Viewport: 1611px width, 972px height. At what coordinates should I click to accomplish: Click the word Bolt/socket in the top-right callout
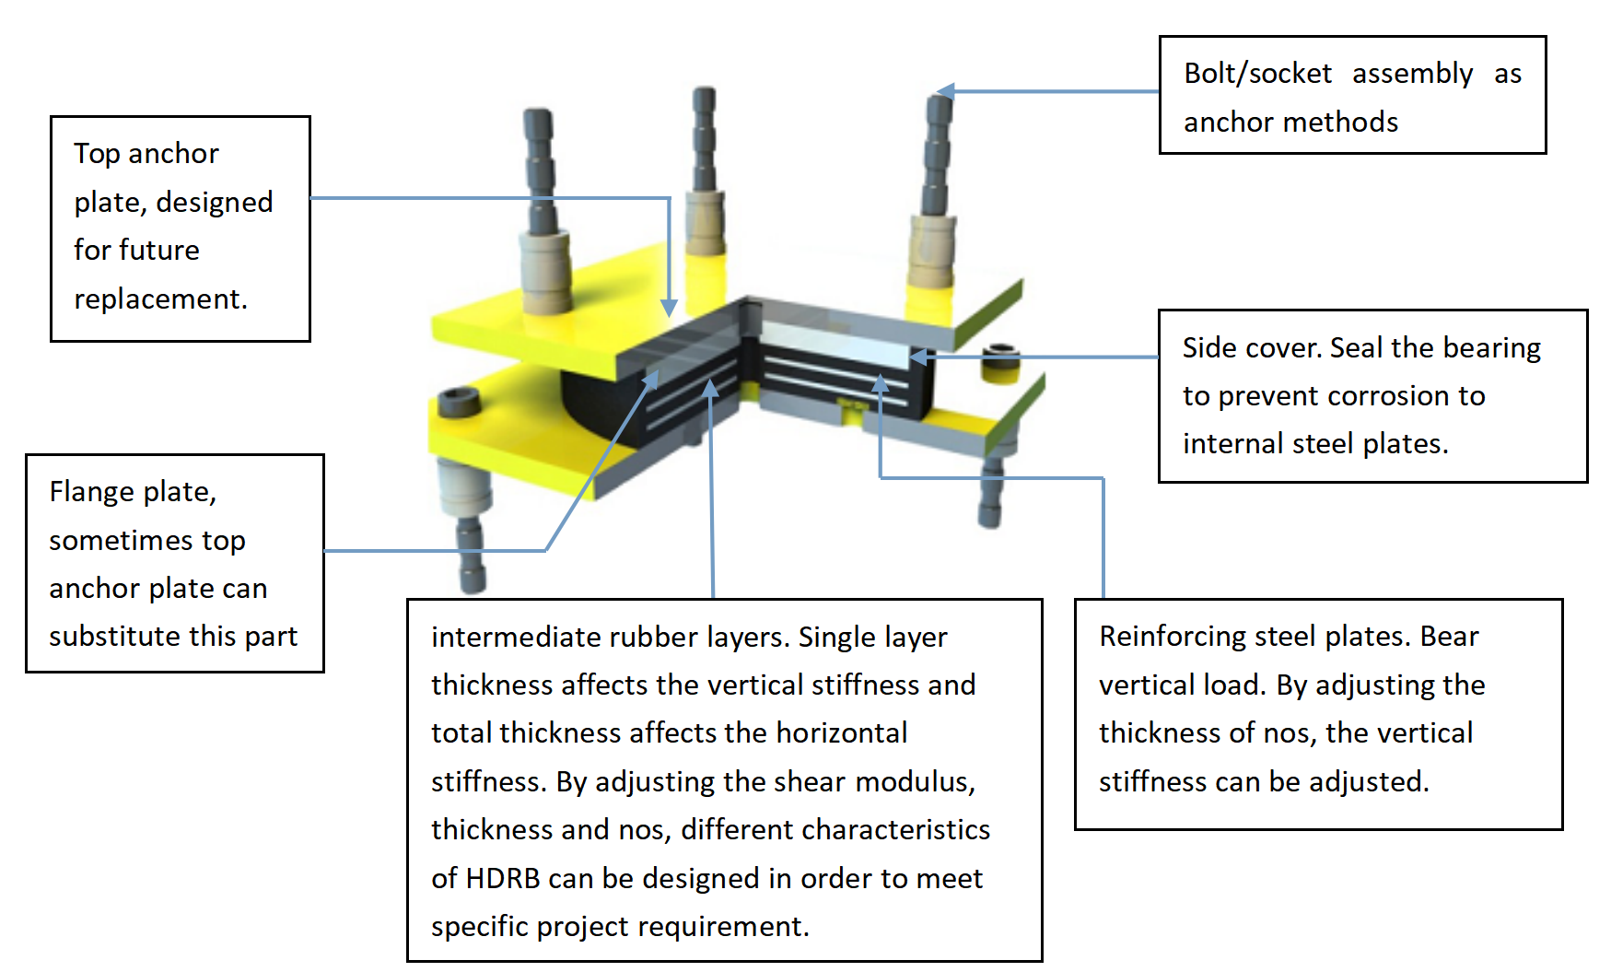pyautogui.click(x=1257, y=74)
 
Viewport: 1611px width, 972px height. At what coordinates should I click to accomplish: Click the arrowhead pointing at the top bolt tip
pyautogui.click(x=945, y=91)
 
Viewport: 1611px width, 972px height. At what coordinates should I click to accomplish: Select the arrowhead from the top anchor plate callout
pyautogui.click(x=670, y=308)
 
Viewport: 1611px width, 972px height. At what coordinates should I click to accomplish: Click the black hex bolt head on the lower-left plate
pyautogui.click(x=458, y=401)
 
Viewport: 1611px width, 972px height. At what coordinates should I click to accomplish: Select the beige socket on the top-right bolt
pyautogui.click(x=932, y=252)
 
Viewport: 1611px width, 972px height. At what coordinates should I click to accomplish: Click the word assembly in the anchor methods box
pyautogui.click(x=1412, y=74)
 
